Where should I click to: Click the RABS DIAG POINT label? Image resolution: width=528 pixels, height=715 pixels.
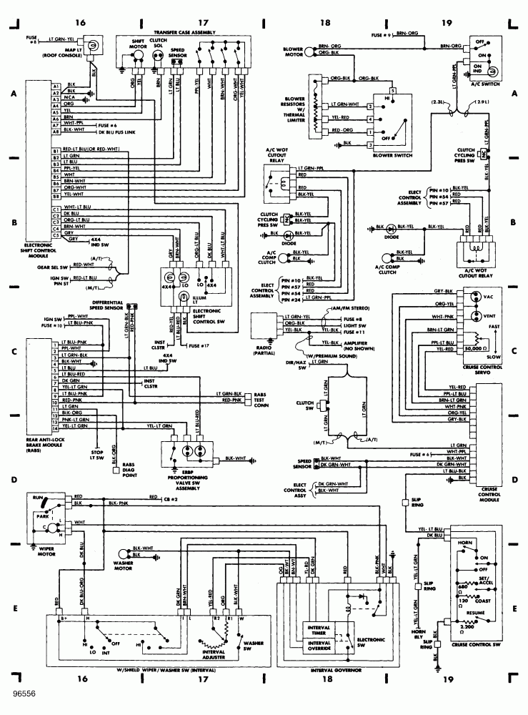pos(131,470)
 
